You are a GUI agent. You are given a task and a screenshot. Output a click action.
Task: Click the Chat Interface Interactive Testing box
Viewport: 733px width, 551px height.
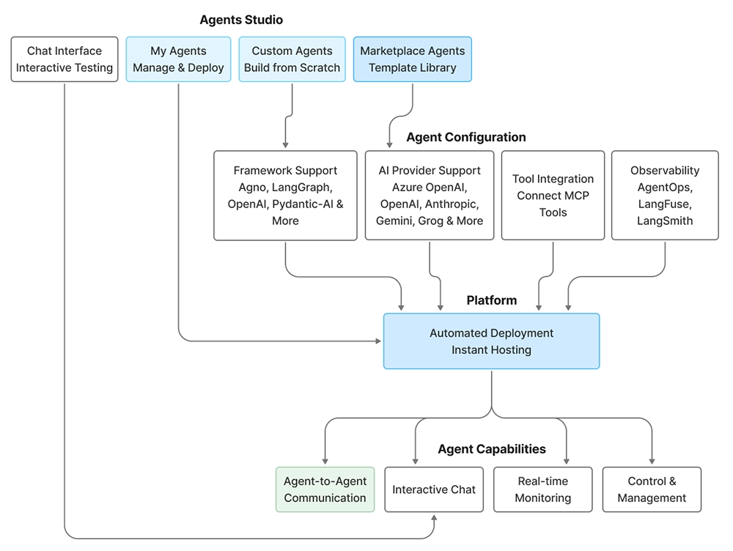point(65,59)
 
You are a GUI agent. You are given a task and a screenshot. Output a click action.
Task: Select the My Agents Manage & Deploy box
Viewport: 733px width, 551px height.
point(178,59)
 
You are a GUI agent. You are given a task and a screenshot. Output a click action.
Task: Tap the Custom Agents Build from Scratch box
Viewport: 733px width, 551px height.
point(292,59)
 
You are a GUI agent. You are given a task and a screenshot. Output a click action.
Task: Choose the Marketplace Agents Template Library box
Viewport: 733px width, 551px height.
point(412,59)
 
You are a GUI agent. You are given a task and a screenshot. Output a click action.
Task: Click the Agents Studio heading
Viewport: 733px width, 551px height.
point(241,20)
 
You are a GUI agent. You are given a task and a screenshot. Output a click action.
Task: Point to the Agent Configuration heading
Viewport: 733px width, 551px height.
point(465,137)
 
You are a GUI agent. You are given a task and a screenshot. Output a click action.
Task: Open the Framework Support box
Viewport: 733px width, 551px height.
point(285,196)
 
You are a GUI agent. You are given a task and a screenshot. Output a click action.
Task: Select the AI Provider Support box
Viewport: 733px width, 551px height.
point(430,196)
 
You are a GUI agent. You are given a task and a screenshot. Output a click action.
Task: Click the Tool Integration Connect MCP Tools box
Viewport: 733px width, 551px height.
point(553,196)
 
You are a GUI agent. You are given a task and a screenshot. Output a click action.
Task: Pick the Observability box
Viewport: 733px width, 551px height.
point(665,196)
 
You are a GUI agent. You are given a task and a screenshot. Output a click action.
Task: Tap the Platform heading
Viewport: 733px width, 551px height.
point(491,300)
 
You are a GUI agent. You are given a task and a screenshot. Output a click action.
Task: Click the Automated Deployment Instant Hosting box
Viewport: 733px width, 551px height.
point(491,341)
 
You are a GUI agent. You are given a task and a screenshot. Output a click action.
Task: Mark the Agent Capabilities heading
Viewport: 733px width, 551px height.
point(492,449)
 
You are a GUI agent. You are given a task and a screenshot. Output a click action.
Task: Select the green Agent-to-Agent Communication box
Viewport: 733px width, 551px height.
point(325,489)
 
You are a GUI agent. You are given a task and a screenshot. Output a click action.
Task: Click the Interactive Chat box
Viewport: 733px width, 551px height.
point(434,489)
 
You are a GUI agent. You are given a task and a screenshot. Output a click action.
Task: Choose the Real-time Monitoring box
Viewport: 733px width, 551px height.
point(542,489)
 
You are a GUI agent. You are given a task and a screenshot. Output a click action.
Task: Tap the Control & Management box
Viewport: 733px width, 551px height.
point(652,489)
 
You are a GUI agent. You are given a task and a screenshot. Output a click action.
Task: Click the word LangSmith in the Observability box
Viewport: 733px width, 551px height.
point(665,221)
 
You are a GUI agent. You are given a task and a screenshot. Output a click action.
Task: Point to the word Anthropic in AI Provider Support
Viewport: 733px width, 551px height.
point(453,204)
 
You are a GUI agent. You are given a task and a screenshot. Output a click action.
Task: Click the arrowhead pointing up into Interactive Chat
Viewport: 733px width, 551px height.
point(434,517)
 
